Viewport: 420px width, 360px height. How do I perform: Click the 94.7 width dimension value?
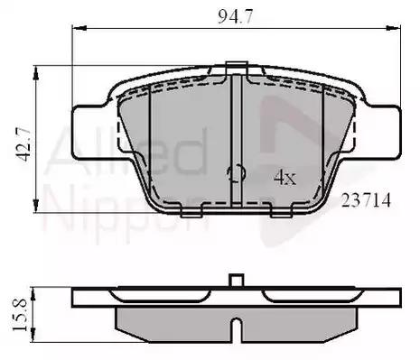click(236, 16)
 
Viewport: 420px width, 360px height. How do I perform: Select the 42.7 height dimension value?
click(23, 144)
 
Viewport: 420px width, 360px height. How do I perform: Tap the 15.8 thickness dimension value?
click(20, 315)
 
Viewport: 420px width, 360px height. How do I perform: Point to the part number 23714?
click(366, 200)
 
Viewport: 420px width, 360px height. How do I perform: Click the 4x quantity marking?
click(285, 178)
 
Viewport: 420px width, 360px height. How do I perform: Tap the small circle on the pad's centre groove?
click(237, 173)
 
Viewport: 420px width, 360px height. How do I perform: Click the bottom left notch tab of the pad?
click(191, 212)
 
